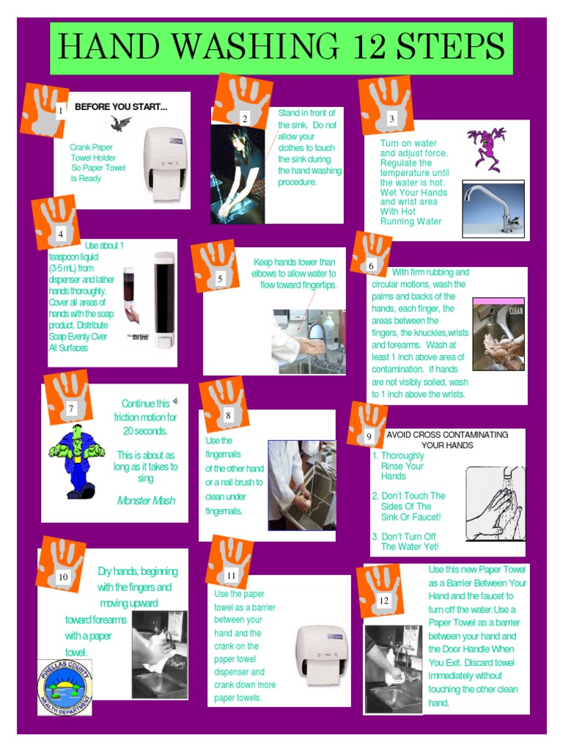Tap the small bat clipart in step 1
pos(119,123)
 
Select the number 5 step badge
pos(220,279)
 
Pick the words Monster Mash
pos(146,500)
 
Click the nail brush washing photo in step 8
pos(301,485)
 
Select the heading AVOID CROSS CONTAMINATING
pos(447,434)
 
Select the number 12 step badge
pos(383,601)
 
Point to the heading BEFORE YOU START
pos(121,107)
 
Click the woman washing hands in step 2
pos(236,173)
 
